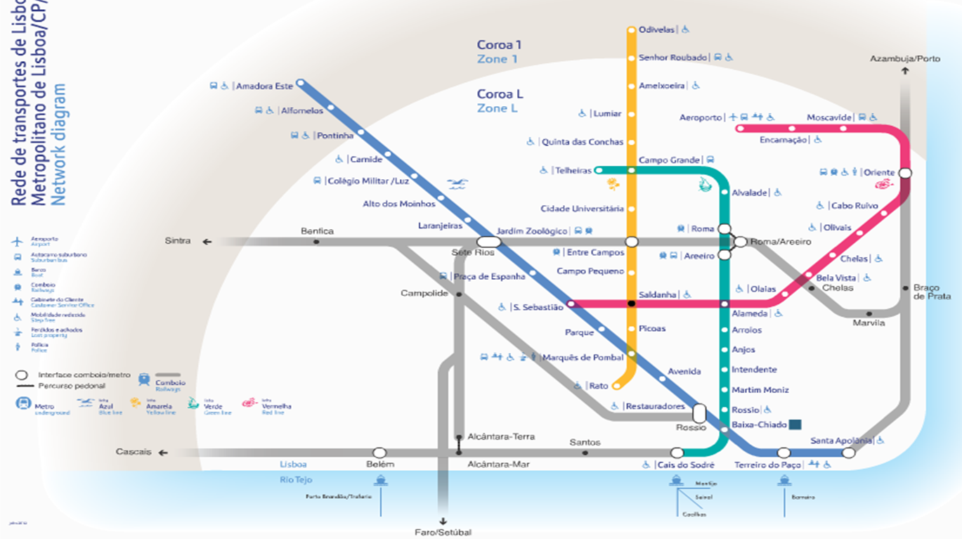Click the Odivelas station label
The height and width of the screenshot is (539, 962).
tap(656, 30)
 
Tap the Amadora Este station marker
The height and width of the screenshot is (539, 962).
tap(301, 83)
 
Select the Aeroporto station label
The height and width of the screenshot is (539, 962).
tap(701, 117)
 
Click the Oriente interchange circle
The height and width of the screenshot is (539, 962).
tap(905, 173)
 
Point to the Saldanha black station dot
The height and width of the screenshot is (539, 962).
tap(631, 304)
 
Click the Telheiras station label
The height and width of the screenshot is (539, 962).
tap(573, 171)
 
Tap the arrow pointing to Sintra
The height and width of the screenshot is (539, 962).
tap(207, 242)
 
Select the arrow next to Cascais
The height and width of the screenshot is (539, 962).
tap(163, 453)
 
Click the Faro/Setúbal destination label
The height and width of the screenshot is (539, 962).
tap(443, 532)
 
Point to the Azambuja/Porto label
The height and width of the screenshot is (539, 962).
tap(904, 59)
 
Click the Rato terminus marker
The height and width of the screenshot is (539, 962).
tap(616, 385)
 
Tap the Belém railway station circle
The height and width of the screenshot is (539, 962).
tap(379, 453)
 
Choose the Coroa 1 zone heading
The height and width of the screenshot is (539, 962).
tap(499, 45)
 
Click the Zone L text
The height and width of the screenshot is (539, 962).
tap(497, 108)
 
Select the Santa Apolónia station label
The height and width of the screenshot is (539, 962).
tap(841, 441)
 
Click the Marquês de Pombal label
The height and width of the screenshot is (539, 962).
tap(583, 358)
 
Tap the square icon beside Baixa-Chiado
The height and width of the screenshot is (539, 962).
tap(795, 424)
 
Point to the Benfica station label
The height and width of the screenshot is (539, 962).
tap(317, 231)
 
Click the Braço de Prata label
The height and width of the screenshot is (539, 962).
tap(931, 292)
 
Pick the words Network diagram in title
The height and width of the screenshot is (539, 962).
tap(60, 144)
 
